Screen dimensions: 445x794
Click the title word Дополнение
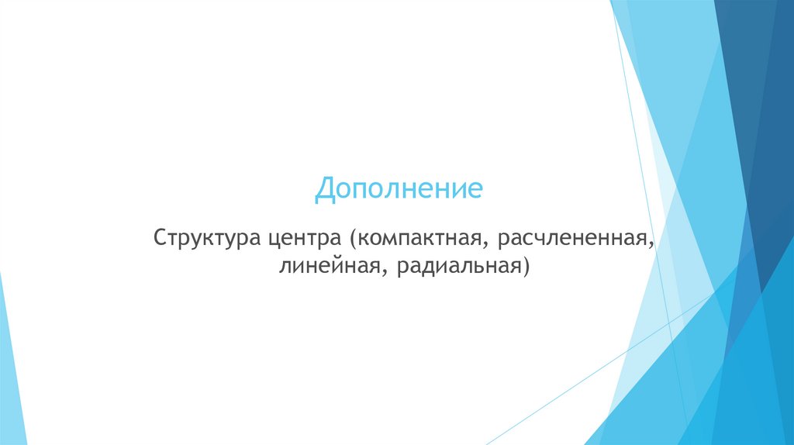point(399,190)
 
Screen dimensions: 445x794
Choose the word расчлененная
point(572,236)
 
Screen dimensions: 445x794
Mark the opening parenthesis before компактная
point(352,237)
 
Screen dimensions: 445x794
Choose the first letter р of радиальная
point(401,269)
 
